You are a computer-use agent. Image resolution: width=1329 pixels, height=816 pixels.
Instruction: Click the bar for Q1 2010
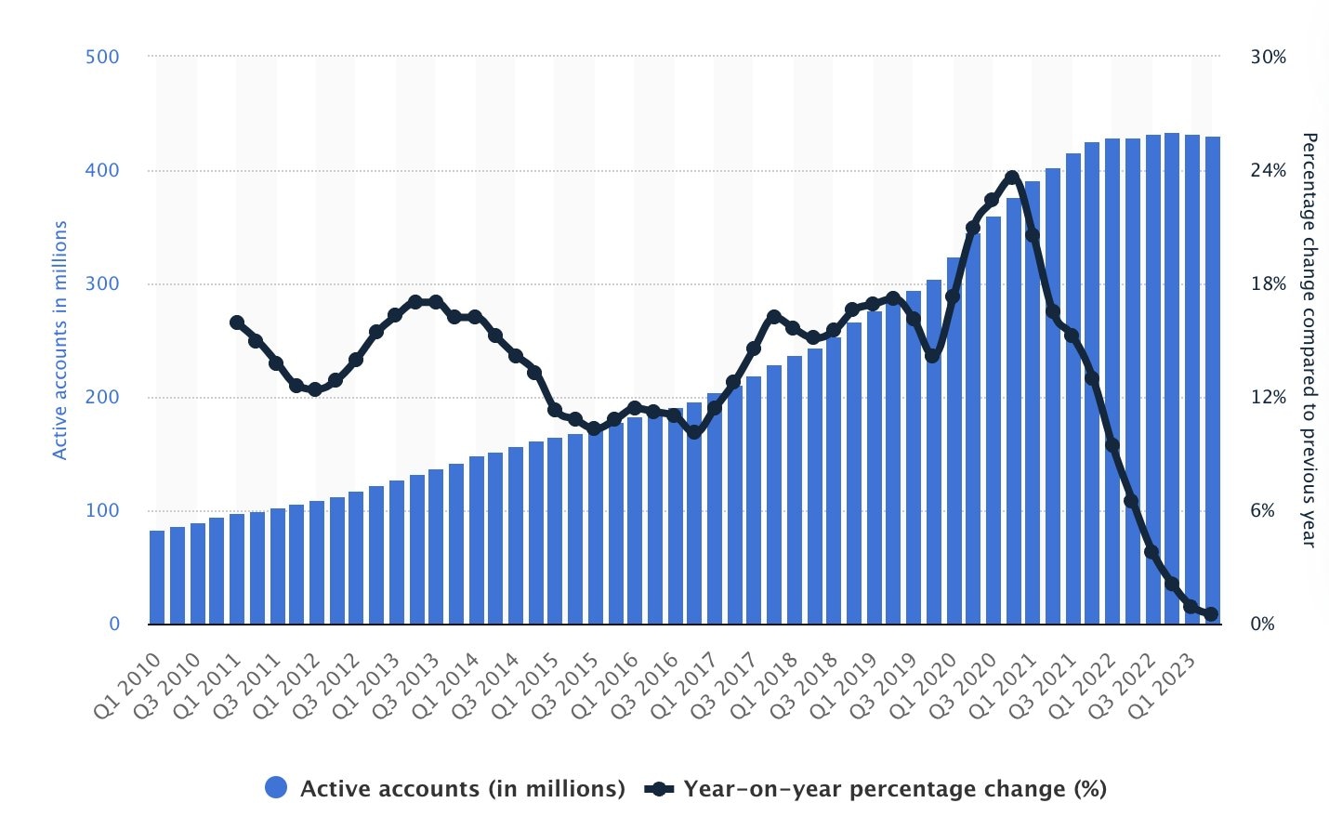[157, 576]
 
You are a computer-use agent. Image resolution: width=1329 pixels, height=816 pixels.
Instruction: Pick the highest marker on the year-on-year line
[1012, 178]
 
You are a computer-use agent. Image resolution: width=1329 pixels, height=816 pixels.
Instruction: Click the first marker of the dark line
[236, 322]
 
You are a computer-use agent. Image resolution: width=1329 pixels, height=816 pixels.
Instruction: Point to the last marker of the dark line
[1211, 613]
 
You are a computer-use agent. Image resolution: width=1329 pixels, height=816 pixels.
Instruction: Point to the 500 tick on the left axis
[102, 57]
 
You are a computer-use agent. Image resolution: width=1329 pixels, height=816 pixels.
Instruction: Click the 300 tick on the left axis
[102, 283]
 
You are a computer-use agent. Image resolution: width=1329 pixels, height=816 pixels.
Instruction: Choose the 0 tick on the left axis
[114, 624]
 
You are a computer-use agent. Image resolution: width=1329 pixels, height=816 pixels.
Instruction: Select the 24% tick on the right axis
[1269, 170]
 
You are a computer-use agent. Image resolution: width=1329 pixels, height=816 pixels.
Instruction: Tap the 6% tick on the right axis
[1263, 510]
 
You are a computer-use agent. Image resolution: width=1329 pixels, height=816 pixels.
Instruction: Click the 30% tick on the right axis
[1269, 57]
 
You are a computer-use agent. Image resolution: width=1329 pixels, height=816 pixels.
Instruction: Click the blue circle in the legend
[276, 788]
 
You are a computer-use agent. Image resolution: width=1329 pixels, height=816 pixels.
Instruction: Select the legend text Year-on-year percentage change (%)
[895, 789]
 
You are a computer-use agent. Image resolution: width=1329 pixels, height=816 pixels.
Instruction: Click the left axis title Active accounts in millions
[60, 340]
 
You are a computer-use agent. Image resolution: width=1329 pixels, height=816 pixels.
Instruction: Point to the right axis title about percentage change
[1309, 340]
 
